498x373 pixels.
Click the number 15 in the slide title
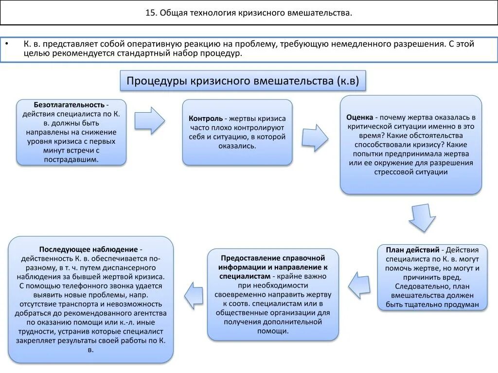click(150, 13)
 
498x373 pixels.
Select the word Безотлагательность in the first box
click(69, 105)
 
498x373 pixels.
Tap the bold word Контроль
click(206, 119)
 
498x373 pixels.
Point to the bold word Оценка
click(360, 118)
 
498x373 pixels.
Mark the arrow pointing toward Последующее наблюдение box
click(193, 295)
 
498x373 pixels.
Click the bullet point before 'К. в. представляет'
click(7, 44)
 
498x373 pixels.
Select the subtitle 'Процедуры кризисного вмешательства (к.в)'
click(243, 81)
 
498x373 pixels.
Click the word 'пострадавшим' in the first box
click(71, 159)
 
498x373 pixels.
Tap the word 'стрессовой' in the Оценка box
click(393, 172)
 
